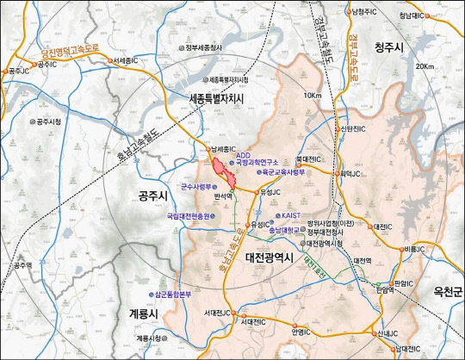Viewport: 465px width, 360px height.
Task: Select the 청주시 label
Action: pos(394,50)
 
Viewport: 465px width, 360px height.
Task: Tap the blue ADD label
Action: pos(244,156)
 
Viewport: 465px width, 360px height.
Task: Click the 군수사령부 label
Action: pos(199,184)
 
